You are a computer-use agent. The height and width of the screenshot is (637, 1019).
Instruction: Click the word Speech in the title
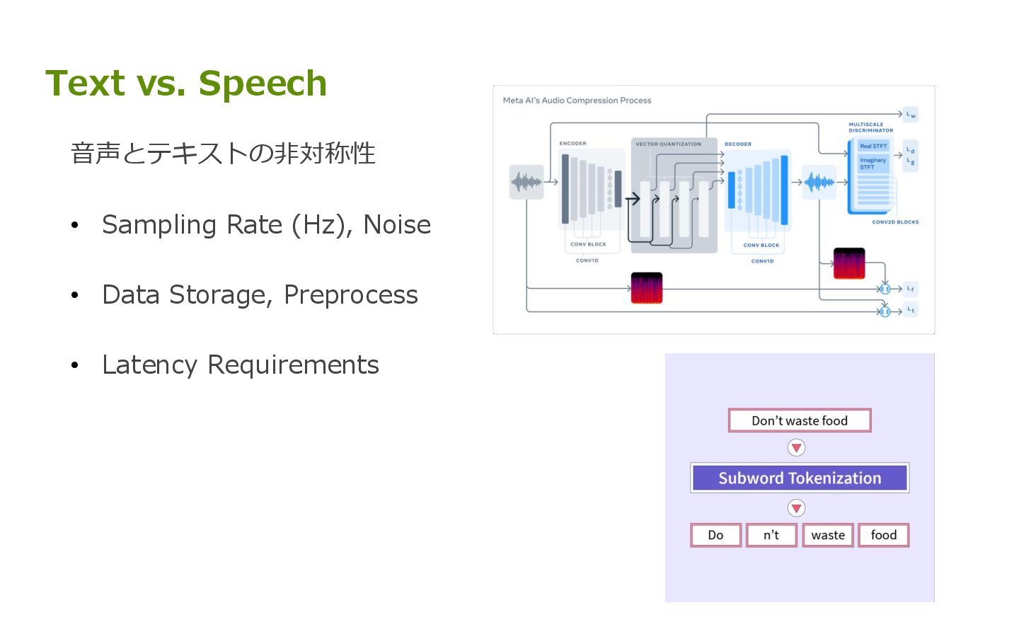click(x=263, y=84)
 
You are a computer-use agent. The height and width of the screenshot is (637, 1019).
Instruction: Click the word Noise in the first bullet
click(x=397, y=225)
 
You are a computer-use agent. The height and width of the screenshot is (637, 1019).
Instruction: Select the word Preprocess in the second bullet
click(x=350, y=295)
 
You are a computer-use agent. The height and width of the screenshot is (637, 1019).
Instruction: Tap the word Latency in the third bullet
click(x=149, y=365)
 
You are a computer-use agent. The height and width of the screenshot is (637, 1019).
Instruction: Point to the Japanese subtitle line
click(x=223, y=153)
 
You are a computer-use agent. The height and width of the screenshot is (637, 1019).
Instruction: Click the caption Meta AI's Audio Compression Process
click(x=577, y=101)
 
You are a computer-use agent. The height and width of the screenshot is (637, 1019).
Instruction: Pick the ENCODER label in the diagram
click(x=572, y=144)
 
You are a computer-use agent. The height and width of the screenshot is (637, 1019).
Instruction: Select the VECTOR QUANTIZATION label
click(x=668, y=144)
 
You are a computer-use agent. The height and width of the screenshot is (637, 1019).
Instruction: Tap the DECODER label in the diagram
click(x=737, y=144)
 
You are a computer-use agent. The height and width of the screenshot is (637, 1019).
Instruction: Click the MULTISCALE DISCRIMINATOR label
click(x=870, y=127)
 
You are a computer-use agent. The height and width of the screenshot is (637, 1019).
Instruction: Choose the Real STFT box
click(x=873, y=146)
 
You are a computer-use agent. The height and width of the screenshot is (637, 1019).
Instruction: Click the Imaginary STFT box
click(x=873, y=163)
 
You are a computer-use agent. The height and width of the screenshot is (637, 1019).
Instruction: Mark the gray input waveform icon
click(x=526, y=182)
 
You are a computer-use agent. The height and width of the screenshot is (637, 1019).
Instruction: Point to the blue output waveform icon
click(x=819, y=182)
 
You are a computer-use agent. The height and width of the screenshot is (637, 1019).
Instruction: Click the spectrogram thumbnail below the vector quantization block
click(x=646, y=288)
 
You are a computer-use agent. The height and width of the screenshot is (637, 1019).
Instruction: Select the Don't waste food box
click(x=800, y=420)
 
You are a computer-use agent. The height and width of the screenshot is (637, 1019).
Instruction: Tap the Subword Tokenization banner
click(x=800, y=478)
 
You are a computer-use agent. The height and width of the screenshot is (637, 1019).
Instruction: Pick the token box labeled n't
click(x=771, y=535)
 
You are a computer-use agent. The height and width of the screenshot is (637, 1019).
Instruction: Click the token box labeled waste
click(x=828, y=535)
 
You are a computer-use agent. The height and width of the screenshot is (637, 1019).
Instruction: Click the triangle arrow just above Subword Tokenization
click(x=797, y=447)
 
